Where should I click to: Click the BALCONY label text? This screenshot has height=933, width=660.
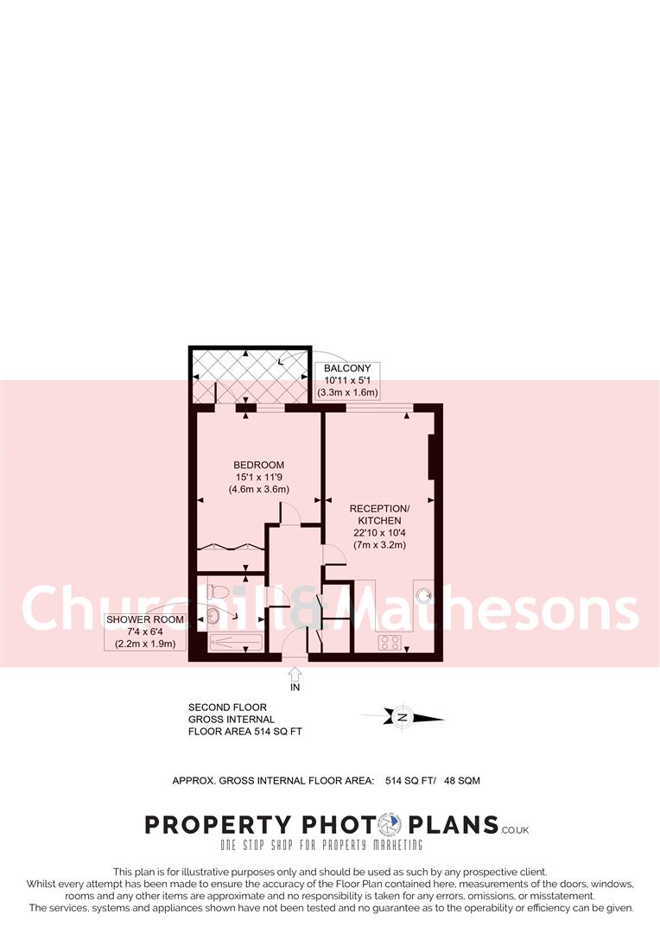tap(348, 369)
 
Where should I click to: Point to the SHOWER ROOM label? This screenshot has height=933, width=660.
tap(141, 619)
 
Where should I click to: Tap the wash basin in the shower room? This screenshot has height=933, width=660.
tap(213, 617)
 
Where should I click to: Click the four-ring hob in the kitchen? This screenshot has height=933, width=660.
tap(389, 642)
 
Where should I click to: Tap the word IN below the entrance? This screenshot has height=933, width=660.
tap(295, 688)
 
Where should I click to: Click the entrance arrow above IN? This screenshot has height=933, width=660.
tap(295, 671)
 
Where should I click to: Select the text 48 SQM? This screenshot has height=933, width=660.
tap(462, 780)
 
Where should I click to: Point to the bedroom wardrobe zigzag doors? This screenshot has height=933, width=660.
tap(230, 547)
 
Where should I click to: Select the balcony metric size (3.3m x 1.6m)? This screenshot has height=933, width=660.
tap(348, 392)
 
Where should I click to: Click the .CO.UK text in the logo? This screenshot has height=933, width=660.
tap(515, 829)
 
